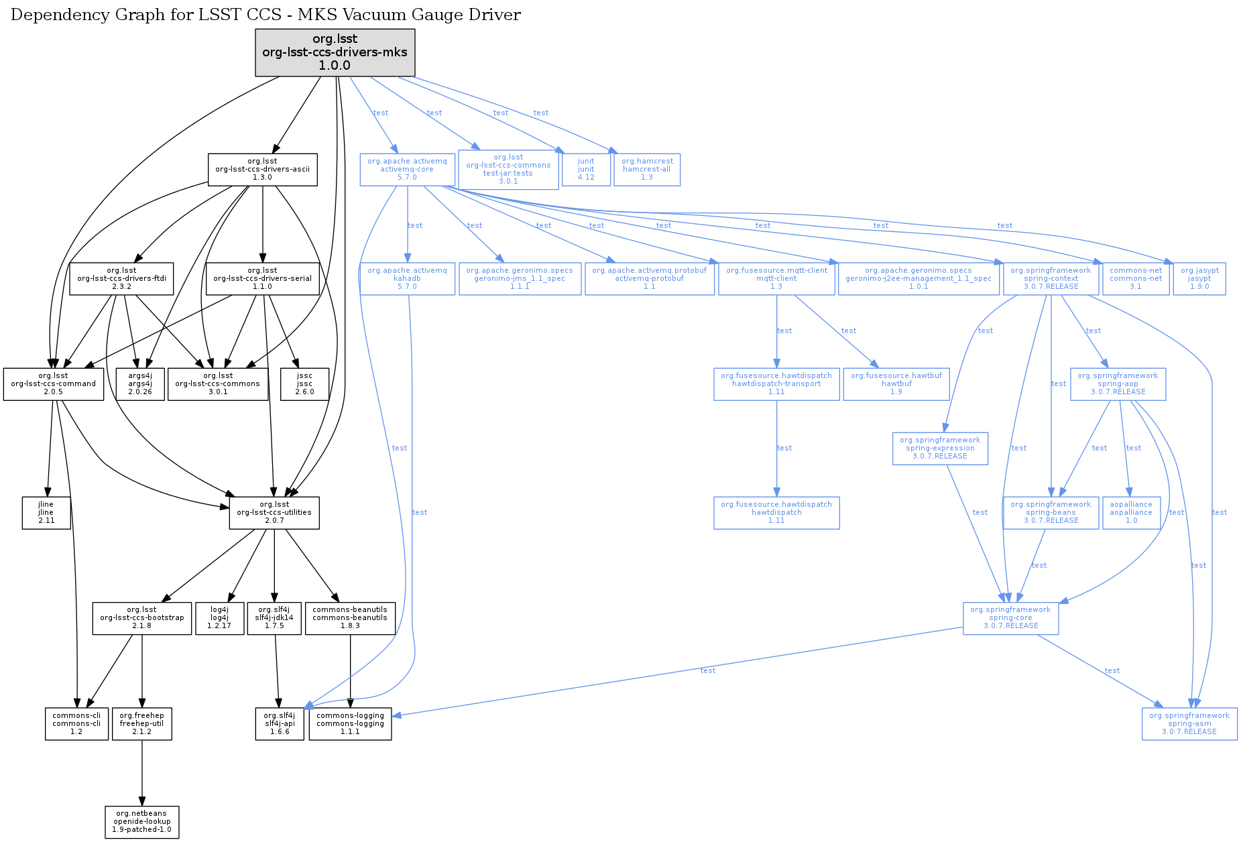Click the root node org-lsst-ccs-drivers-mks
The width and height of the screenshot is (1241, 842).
click(x=335, y=52)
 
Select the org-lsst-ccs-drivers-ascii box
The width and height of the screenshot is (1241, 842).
click(x=262, y=170)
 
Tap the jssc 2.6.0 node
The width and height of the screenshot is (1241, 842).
click(x=304, y=384)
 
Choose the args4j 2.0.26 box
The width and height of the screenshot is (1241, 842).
click(x=139, y=384)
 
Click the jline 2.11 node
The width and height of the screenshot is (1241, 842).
click(x=46, y=513)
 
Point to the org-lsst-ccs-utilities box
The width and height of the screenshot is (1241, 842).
click(x=274, y=513)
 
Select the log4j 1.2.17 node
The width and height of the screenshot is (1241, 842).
click(x=219, y=618)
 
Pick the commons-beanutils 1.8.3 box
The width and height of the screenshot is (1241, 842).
click(x=350, y=618)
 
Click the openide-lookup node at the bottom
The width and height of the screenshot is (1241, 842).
click(x=141, y=822)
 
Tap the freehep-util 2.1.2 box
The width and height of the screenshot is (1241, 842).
click(x=141, y=724)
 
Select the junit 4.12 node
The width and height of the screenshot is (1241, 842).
click(x=586, y=170)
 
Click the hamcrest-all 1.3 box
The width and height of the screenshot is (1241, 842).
click(x=647, y=170)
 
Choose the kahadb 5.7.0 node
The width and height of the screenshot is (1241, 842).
click(x=407, y=279)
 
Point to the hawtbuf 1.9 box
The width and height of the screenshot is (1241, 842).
click(x=896, y=384)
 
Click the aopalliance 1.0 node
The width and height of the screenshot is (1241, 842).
click(x=1131, y=513)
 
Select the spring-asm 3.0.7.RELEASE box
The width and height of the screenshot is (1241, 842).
click(x=1189, y=724)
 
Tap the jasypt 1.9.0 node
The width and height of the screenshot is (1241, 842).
click(x=1199, y=279)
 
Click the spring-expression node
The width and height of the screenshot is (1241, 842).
click(x=940, y=448)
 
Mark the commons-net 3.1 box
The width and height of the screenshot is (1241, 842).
click(x=1136, y=279)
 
